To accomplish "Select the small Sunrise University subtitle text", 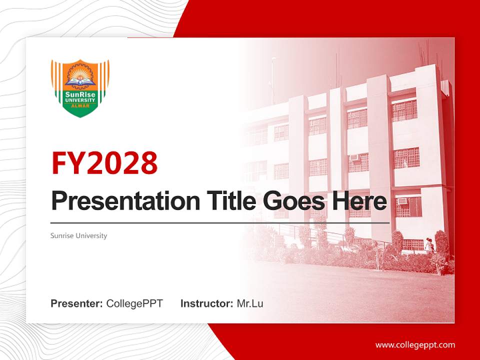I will pos(78,235).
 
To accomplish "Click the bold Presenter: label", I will pos(77,303).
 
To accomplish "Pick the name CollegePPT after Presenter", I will pos(134,303).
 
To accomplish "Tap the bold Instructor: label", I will pos(206,303).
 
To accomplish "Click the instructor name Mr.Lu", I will pos(250,303).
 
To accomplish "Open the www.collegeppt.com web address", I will pos(415,344).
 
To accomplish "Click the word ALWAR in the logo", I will pos(80,106).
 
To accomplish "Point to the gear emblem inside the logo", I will pos(80,75).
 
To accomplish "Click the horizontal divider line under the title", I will pos(220,223).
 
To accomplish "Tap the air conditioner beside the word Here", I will pos(402,201).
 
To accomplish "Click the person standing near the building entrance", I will pos(428,245).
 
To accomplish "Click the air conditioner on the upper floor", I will pos(354,158).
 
